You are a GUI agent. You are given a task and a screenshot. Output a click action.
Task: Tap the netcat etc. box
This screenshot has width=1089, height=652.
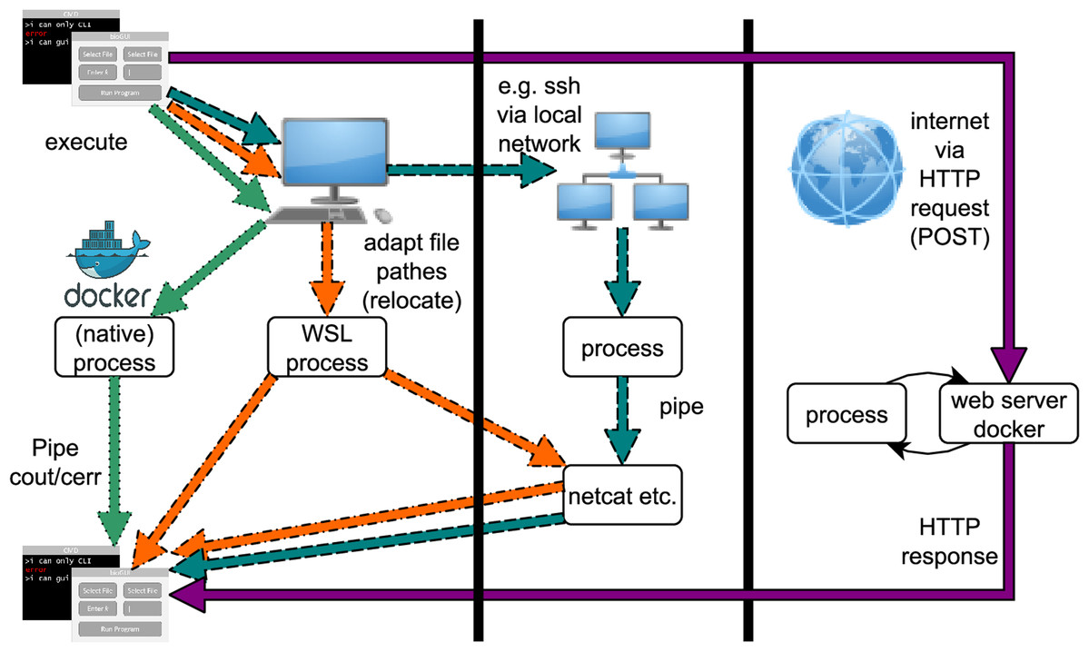(622, 496)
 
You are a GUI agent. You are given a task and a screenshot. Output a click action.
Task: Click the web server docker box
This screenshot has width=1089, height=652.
(996, 414)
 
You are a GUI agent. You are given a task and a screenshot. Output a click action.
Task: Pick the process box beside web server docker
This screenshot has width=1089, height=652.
(846, 415)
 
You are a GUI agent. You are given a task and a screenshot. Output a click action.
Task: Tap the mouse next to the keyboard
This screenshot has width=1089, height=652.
(384, 215)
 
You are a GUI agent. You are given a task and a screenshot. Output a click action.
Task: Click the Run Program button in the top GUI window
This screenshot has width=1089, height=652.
(120, 92)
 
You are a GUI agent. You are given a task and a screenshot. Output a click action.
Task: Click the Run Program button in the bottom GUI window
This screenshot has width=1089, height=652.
(120, 628)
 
